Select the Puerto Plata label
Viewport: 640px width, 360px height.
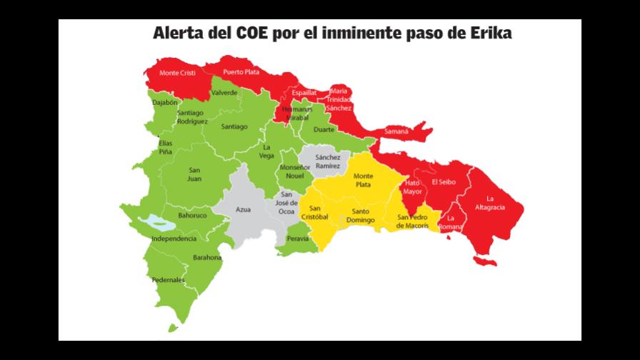(x=241, y=71)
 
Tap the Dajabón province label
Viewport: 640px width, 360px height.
(x=165, y=102)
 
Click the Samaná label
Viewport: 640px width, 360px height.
(x=396, y=132)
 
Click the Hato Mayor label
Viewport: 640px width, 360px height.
(x=413, y=187)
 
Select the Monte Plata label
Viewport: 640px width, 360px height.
(x=364, y=179)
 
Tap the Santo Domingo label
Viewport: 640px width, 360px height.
(x=361, y=216)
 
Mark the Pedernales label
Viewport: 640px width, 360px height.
(x=168, y=280)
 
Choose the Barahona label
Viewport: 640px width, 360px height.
(x=207, y=258)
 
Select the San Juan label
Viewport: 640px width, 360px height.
(x=194, y=174)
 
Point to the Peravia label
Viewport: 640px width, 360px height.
(x=297, y=239)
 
